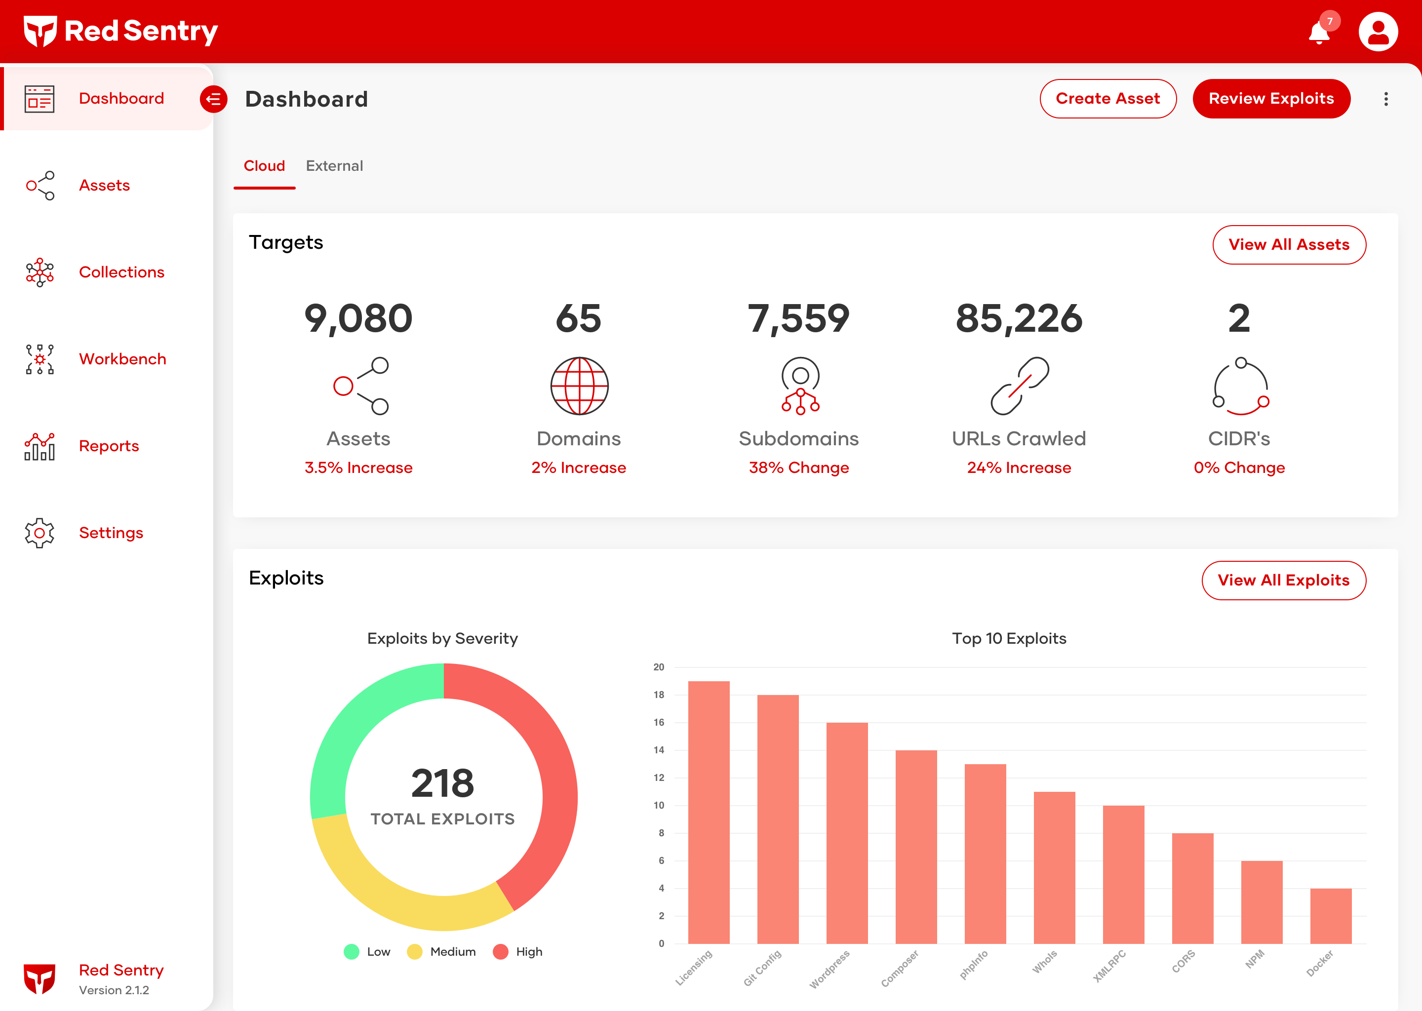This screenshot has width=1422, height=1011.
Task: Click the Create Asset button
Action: pyautogui.click(x=1107, y=98)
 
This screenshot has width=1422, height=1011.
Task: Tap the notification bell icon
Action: pyautogui.click(x=1319, y=33)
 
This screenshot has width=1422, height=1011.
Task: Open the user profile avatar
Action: pyautogui.click(x=1378, y=32)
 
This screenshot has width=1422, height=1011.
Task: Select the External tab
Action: pyautogui.click(x=334, y=165)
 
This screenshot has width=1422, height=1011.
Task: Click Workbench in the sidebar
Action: pyautogui.click(x=122, y=359)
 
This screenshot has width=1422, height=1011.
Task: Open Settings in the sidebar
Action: pyautogui.click(x=111, y=533)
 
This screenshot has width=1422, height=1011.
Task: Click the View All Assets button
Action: pyautogui.click(x=1289, y=245)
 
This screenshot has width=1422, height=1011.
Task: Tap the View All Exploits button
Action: pyautogui.click(x=1283, y=580)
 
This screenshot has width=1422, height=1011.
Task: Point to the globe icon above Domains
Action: pyautogui.click(x=579, y=386)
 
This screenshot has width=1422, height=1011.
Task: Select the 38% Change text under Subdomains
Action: pyautogui.click(x=799, y=467)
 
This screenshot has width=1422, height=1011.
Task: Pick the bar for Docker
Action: pyautogui.click(x=1331, y=916)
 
